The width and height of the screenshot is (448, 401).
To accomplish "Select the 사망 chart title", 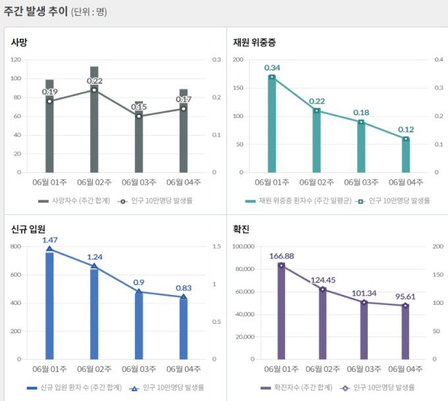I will pyautogui.click(x=19, y=43).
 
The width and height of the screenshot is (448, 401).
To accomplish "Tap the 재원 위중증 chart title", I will pyautogui.click(x=254, y=43).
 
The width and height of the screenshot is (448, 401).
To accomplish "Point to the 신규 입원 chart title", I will pyautogui.click(x=28, y=229).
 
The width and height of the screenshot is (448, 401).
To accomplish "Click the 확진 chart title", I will pyautogui.click(x=241, y=229).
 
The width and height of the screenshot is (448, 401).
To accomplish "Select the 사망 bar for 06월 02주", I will pyautogui.click(x=94, y=125).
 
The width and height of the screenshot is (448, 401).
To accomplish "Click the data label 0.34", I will pyautogui.click(x=272, y=68).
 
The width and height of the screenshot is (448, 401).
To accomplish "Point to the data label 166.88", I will pyautogui.click(x=282, y=255).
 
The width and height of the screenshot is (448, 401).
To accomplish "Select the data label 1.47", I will pyautogui.click(x=50, y=240).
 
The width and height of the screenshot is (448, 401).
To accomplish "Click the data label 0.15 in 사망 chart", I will pyautogui.click(x=139, y=107).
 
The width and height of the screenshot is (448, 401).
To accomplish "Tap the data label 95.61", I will pyautogui.click(x=406, y=296).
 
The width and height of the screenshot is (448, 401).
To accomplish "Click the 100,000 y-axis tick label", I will pyautogui.click(x=244, y=247).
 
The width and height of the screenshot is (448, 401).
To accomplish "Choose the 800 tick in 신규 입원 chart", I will pyautogui.click(x=16, y=247).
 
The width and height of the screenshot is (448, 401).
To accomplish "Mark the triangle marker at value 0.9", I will pyautogui.click(x=139, y=291).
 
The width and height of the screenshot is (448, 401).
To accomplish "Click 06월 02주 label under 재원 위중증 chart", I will pyautogui.click(x=316, y=182).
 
